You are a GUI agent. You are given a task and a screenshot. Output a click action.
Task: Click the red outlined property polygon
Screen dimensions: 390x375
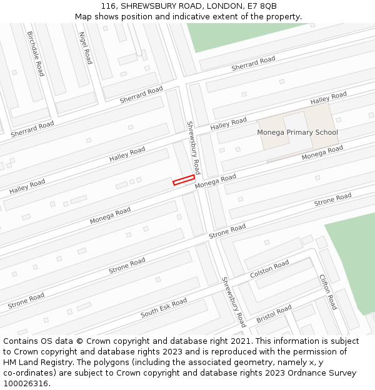pos(184,180)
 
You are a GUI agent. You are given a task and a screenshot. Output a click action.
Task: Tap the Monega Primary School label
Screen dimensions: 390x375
pos(297,132)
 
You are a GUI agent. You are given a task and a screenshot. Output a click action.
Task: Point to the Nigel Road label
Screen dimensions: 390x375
pos(86,48)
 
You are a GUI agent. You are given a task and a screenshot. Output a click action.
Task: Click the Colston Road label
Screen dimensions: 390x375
pos(269,270)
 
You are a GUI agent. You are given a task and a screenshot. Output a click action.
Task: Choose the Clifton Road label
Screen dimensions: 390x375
pos(328,291)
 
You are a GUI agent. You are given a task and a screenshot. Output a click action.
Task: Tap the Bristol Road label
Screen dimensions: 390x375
pos(274,314)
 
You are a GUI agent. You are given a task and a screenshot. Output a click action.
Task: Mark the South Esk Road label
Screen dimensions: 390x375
pos(164,308)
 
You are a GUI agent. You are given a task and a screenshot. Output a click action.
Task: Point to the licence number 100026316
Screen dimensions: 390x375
pos(27,384)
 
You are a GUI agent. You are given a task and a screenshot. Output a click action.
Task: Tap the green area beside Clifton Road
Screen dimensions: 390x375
pos(353,256)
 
